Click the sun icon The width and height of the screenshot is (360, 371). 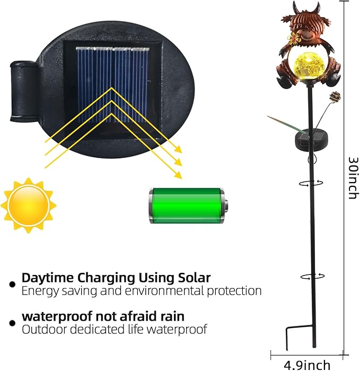28,205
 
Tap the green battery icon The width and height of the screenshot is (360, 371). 188,205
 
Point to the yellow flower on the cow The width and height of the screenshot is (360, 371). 293,37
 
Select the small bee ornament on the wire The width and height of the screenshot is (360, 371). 334,97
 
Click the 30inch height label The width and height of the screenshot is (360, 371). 354,178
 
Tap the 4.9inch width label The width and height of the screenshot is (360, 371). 307,365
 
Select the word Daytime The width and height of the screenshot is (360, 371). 48,278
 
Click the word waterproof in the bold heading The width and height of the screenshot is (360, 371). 57,317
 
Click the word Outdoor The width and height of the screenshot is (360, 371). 44,330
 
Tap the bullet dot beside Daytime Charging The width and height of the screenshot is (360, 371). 13,284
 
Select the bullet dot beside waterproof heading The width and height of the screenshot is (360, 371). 13,323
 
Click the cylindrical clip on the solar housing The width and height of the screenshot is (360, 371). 23,91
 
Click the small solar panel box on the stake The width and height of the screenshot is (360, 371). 306,139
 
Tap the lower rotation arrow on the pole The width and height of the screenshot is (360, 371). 312,276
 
